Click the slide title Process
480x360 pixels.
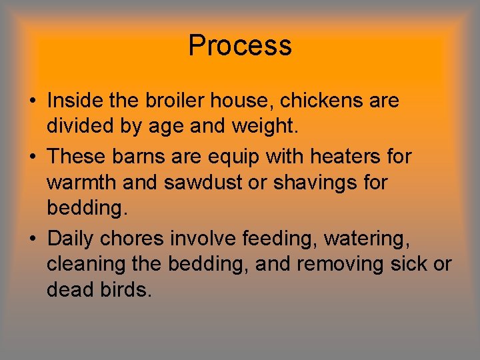240,46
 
